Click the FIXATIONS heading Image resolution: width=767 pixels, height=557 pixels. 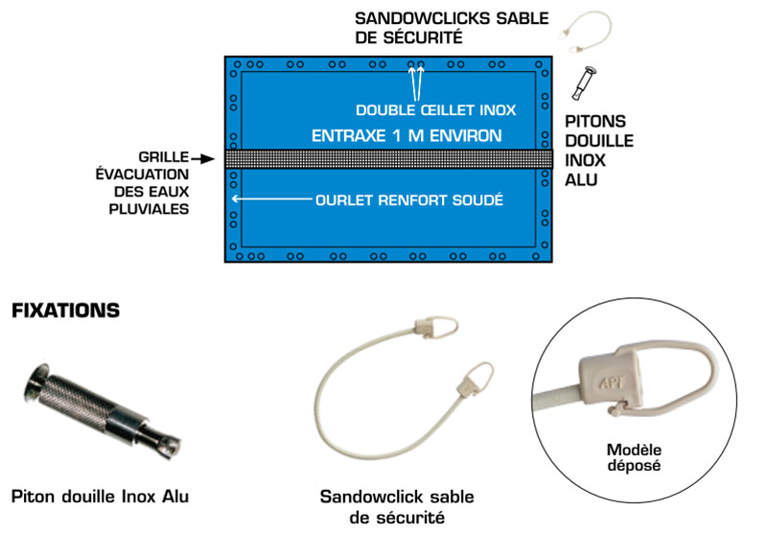(x=64, y=312)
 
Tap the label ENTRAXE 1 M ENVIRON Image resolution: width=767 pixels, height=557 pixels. (x=406, y=136)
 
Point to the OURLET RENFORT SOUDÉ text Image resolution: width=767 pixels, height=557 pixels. (x=409, y=201)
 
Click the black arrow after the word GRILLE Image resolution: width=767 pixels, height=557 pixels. (x=203, y=155)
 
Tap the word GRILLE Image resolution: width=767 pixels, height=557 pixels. (x=162, y=155)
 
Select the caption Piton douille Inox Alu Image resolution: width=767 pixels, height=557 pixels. (x=101, y=497)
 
